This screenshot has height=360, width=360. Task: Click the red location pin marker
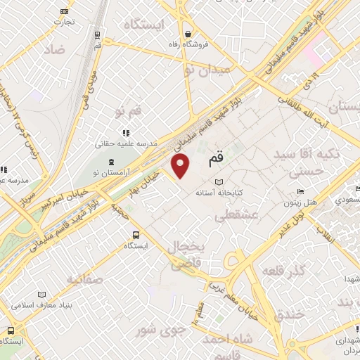181,167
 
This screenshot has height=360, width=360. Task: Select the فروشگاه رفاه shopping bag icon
188,33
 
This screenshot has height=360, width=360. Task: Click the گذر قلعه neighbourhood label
283,271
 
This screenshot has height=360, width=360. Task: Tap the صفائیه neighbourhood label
84,279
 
